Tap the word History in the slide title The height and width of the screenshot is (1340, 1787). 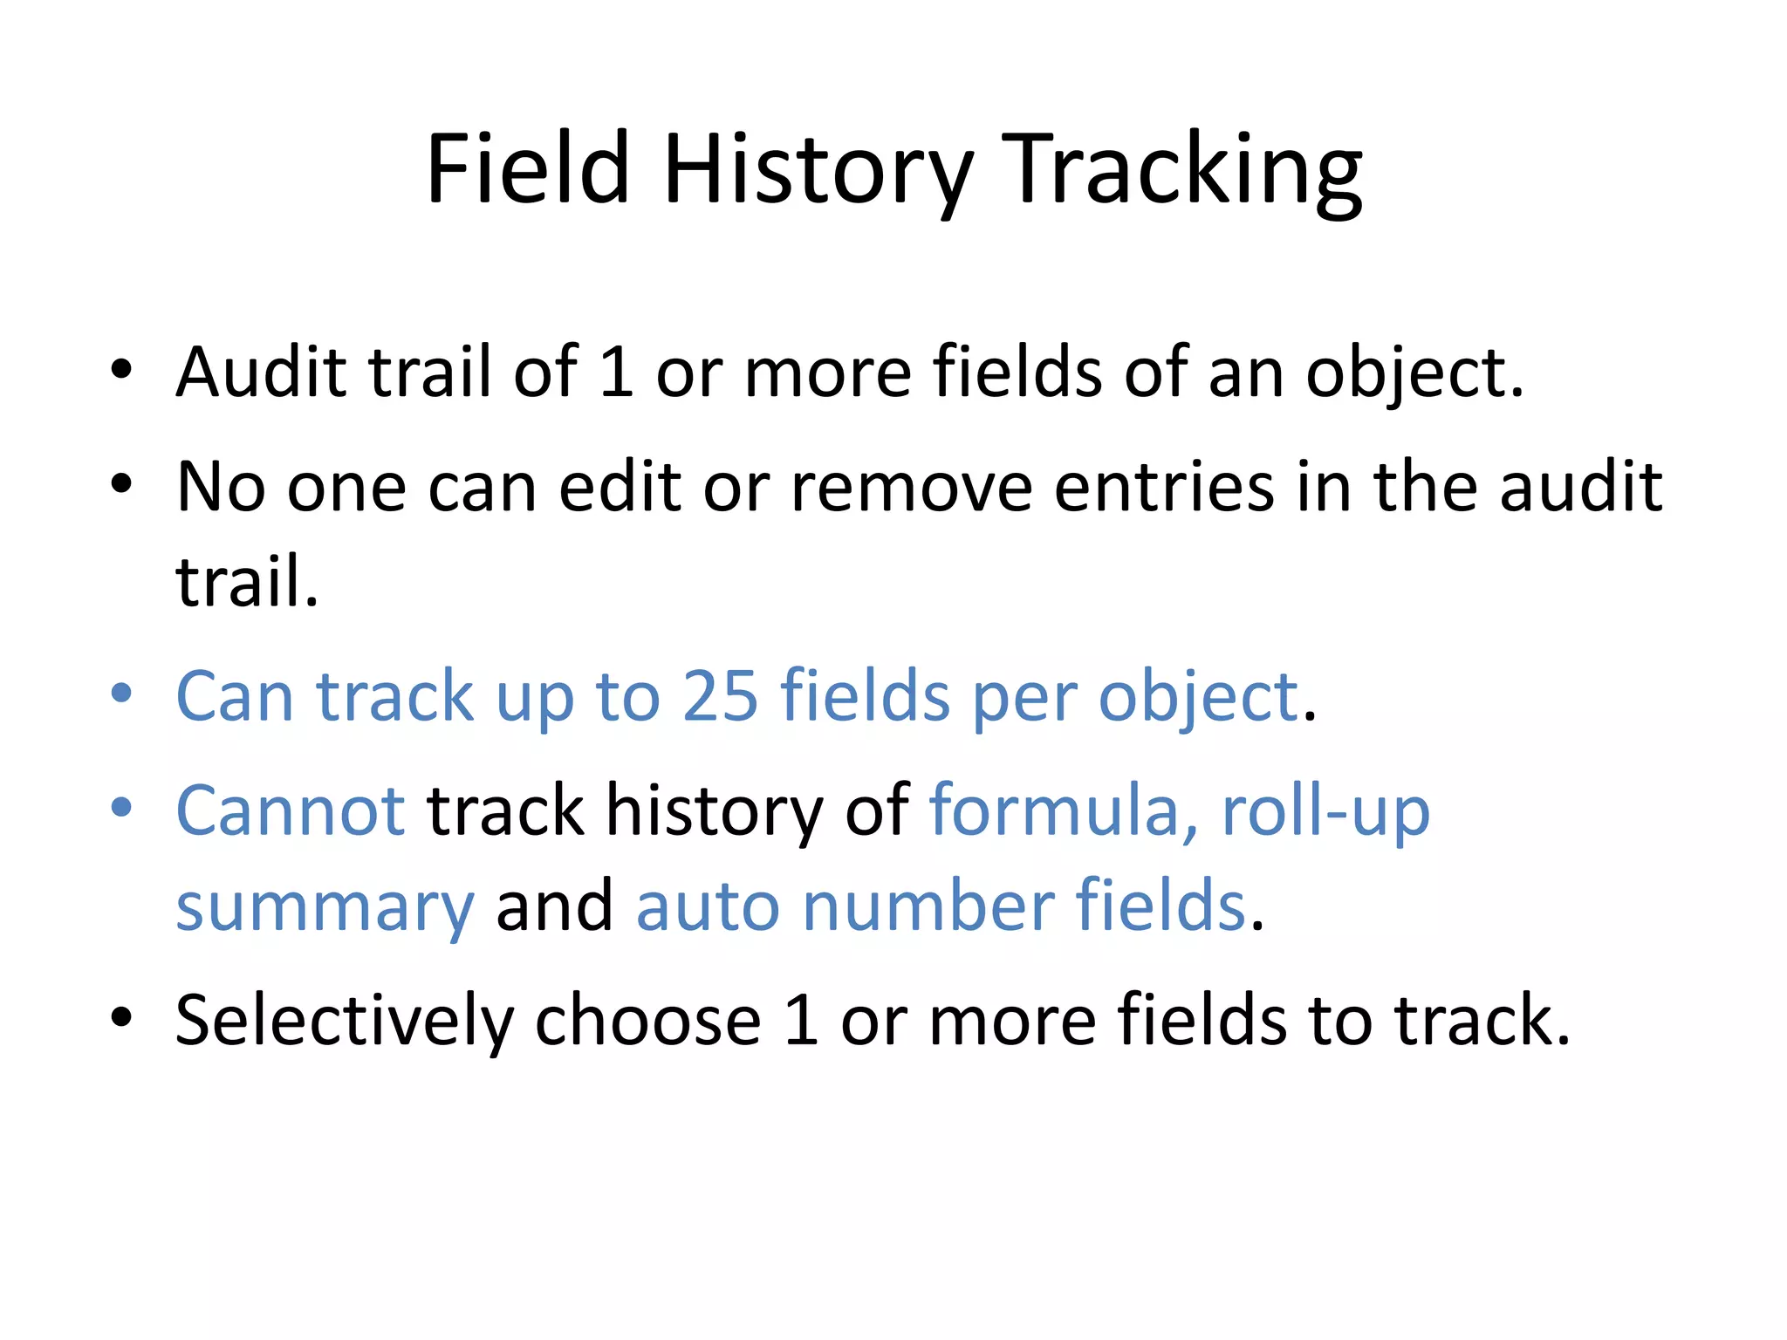click(x=818, y=171)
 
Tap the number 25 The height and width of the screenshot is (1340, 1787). click(x=720, y=696)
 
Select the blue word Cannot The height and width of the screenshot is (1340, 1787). click(x=291, y=810)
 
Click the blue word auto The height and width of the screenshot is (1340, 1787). click(x=708, y=907)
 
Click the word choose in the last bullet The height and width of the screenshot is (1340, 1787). click(x=647, y=1021)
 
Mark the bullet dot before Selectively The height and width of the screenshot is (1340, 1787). click(x=121, y=1017)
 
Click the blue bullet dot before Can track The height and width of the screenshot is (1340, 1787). click(x=121, y=694)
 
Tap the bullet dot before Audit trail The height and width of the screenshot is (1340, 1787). click(x=121, y=369)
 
